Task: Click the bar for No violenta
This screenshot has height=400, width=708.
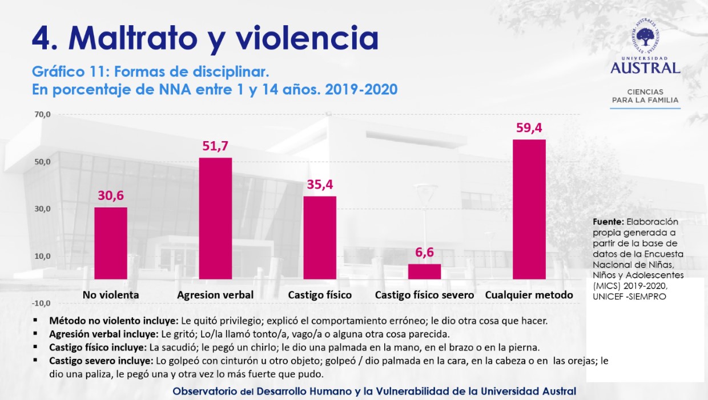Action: pyautogui.click(x=110, y=243)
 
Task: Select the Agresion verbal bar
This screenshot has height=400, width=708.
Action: pyautogui.click(x=215, y=219)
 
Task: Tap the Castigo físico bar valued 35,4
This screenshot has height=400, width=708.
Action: pyautogui.click(x=320, y=238)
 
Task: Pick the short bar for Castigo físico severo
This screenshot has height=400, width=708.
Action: pyautogui.click(x=424, y=272)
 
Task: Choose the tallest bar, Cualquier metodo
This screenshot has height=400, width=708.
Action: pyautogui.click(x=529, y=210)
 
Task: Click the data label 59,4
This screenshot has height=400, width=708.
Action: pyautogui.click(x=529, y=128)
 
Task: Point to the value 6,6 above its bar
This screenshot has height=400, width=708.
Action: pyautogui.click(x=424, y=253)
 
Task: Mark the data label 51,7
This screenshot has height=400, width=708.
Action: pyautogui.click(x=215, y=146)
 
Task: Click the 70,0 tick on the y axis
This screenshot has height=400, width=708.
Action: pyautogui.click(x=42, y=114)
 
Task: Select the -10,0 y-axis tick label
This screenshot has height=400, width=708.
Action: pyautogui.click(x=41, y=303)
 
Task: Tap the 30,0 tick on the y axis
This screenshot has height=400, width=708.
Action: pyautogui.click(x=42, y=209)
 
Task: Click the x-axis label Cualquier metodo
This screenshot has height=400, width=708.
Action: pyautogui.click(x=529, y=295)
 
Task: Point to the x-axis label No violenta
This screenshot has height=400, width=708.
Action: pyautogui.click(x=111, y=295)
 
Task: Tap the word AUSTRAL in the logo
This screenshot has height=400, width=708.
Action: pyautogui.click(x=645, y=68)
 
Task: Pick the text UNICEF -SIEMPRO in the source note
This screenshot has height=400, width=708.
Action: pyautogui.click(x=629, y=297)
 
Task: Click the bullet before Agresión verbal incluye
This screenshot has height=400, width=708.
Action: pyautogui.click(x=35, y=334)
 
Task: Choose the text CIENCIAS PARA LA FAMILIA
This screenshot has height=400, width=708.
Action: pyautogui.click(x=645, y=96)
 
